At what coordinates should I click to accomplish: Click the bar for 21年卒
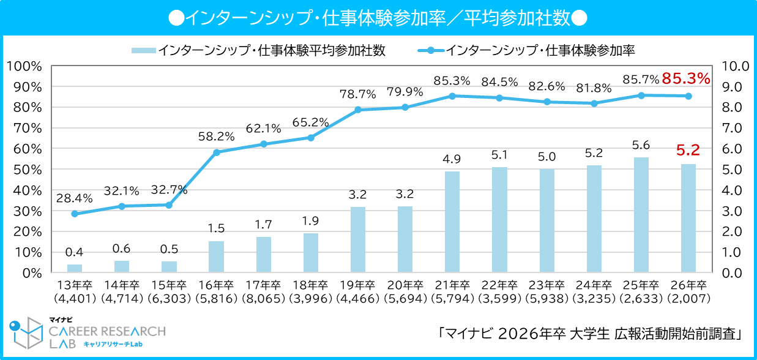click(x=452, y=222)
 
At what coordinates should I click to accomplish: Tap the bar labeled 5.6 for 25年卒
click(x=641, y=214)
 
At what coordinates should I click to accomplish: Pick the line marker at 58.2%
click(x=217, y=152)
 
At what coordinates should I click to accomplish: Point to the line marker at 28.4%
click(x=75, y=214)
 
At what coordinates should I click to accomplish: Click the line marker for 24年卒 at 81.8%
click(x=594, y=103)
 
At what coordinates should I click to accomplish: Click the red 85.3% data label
click(x=685, y=78)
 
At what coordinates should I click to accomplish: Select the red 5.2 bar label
click(x=688, y=149)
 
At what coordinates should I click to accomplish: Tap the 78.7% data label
click(x=357, y=94)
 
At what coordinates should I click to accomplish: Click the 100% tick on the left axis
click(x=24, y=66)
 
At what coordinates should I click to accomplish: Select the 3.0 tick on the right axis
click(x=733, y=211)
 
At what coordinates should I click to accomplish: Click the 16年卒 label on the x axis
click(x=216, y=285)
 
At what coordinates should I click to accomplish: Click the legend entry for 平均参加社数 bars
click(x=258, y=50)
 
